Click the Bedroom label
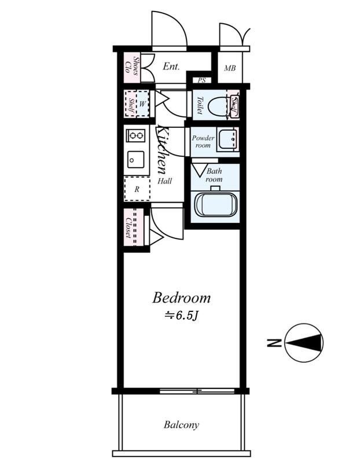[181, 297]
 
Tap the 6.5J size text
[181, 315]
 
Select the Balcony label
[181, 425]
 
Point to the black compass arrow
[304, 343]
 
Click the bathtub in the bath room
[216, 204]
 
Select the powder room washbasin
[227, 139]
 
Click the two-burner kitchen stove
[136, 135]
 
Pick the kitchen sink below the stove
[136, 160]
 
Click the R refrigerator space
[137, 189]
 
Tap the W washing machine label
[142, 104]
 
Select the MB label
[230, 68]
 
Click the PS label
[202, 80]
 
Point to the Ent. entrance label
[171, 66]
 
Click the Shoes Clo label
[132, 66]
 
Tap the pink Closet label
[129, 227]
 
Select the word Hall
[164, 181]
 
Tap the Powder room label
[203, 141]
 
